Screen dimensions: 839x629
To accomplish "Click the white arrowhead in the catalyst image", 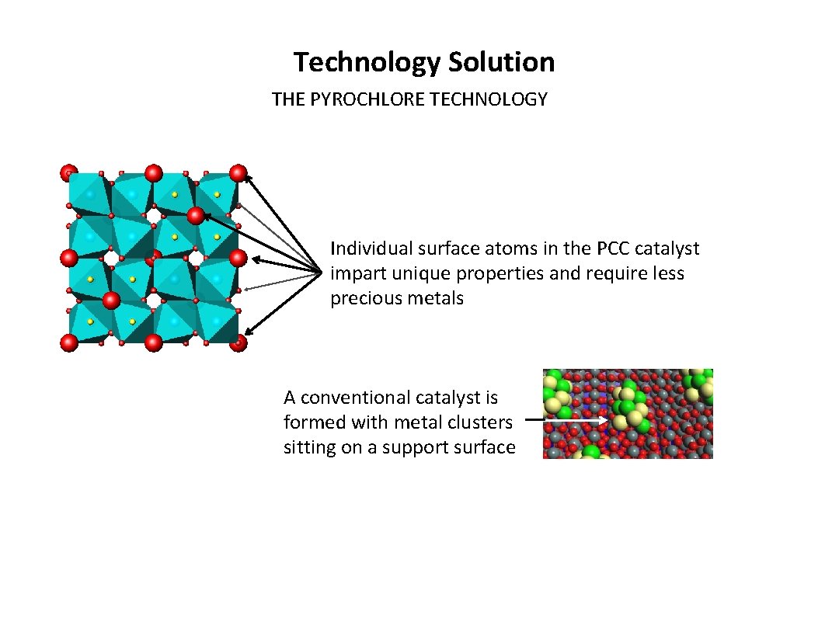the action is [604, 421].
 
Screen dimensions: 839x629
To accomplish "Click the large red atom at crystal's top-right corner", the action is [238, 173].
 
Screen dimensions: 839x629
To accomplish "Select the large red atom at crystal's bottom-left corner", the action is [70, 342].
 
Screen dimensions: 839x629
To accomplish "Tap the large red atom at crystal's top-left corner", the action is [69, 173].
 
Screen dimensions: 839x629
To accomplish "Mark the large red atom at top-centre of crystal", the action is [154, 172].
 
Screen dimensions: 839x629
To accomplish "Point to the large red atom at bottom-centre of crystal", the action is [154, 342].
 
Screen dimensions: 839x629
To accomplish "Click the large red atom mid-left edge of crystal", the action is [69, 257].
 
